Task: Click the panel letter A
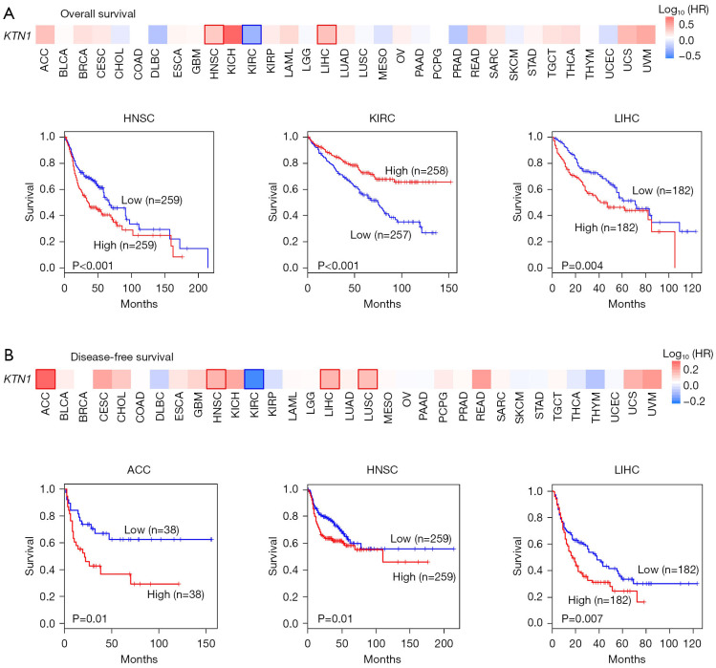[x=10, y=10]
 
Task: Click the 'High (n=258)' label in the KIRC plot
[x=416, y=171]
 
